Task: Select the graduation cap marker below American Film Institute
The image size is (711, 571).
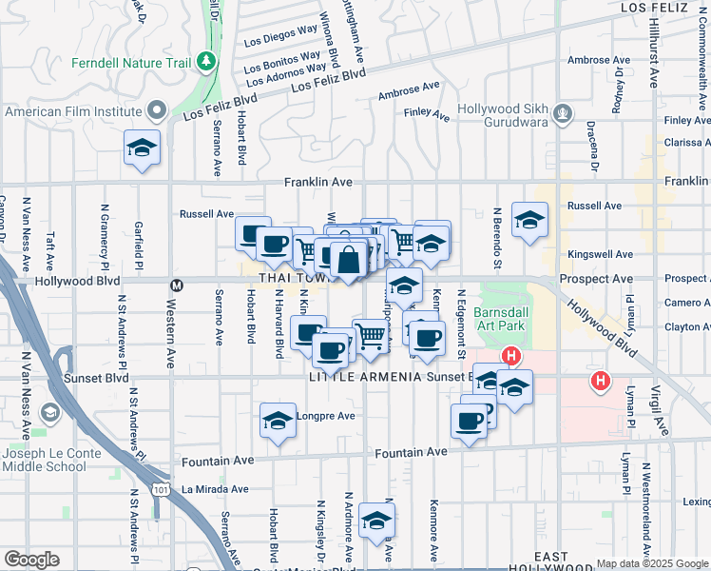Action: (x=142, y=148)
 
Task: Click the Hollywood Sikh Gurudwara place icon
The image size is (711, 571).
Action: (x=564, y=114)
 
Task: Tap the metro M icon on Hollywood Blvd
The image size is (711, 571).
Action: (x=176, y=285)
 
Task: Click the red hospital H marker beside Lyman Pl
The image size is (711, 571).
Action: (x=600, y=383)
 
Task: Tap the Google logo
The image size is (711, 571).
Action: (x=31, y=560)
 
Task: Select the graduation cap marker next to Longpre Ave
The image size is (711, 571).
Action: (x=277, y=420)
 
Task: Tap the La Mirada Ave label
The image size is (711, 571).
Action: (x=215, y=489)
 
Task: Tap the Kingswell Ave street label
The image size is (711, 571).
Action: (x=600, y=255)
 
